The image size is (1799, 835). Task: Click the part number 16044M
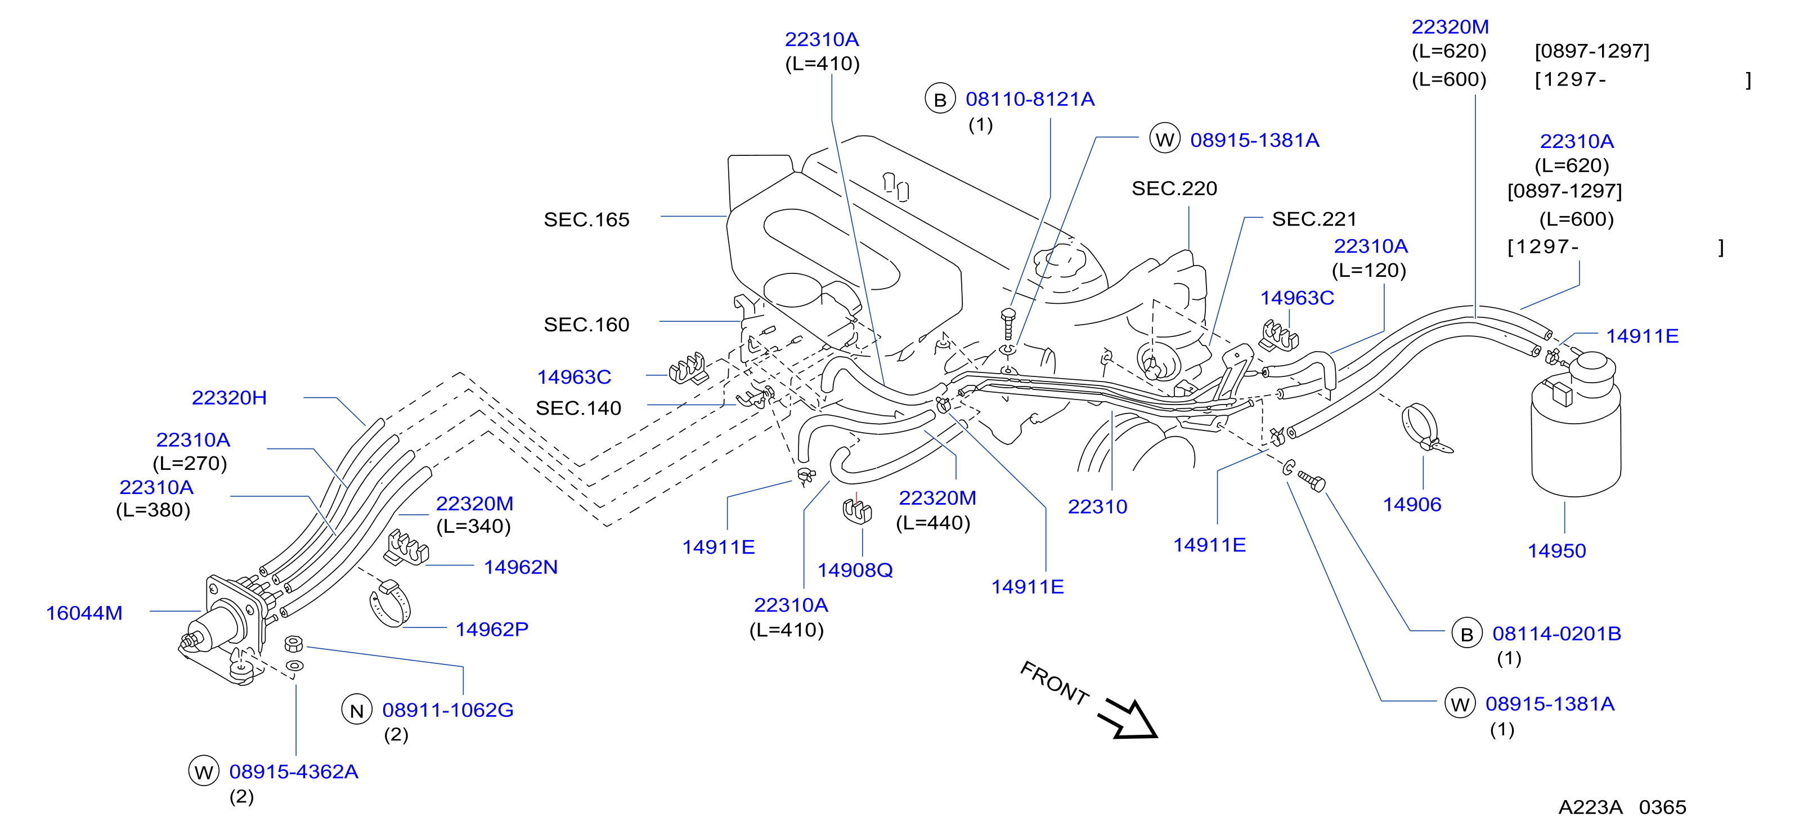(x=84, y=613)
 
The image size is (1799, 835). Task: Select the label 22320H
(x=229, y=398)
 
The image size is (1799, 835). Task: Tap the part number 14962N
(x=521, y=567)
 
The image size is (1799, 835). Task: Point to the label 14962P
(x=492, y=629)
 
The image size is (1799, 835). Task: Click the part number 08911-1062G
(x=448, y=710)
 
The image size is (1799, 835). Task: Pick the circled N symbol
(x=356, y=710)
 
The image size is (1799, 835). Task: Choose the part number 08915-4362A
(x=293, y=771)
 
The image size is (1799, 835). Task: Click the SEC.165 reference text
(x=586, y=220)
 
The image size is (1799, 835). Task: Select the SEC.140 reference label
(x=578, y=408)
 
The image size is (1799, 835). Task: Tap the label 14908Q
(x=855, y=571)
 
